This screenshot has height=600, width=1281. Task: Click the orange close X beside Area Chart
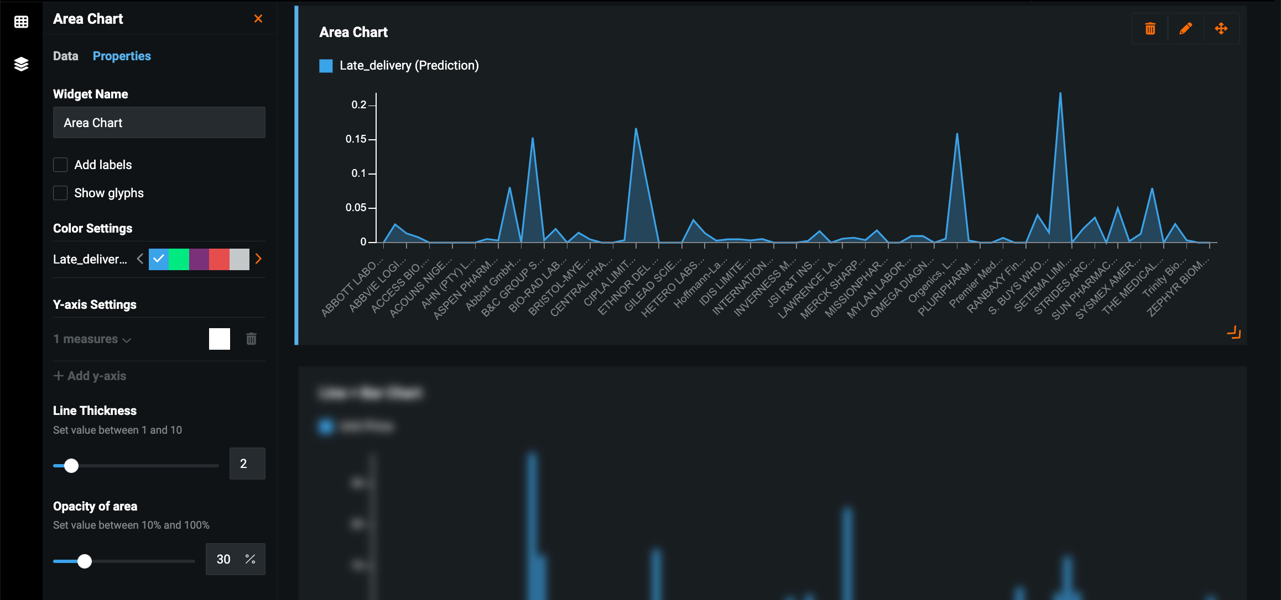point(258,19)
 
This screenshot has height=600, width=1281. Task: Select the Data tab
point(65,56)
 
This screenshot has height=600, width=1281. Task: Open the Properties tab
point(122,56)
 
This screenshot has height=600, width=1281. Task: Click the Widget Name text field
point(159,123)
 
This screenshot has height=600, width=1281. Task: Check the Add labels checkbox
point(60,165)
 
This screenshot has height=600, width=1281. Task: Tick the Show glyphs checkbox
point(60,193)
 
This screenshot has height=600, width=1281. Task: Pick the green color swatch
point(179,259)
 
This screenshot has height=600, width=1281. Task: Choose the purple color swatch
point(199,259)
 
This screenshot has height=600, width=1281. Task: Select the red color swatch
point(219,259)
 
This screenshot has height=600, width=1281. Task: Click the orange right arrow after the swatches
point(258,259)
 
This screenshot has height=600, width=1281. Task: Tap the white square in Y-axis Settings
point(220,339)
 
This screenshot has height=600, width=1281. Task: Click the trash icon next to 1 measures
point(251,339)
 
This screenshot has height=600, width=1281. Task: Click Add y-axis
point(90,376)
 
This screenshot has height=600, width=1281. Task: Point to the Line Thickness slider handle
point(71,466)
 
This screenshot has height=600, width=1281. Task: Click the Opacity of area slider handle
point(85,561)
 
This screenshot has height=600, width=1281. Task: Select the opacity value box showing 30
point(223,559)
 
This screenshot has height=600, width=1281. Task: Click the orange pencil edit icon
point(1185,29)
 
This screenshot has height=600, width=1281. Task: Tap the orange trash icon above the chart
point(1150,29)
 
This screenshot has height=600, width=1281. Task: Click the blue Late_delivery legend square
point(326,66)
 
